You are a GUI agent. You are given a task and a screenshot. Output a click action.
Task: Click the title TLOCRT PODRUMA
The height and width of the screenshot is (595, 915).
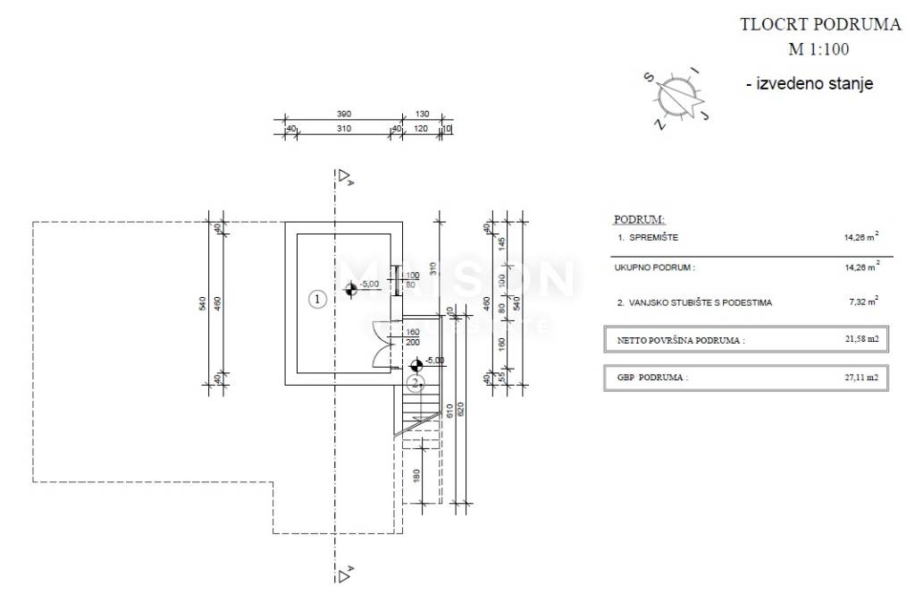click(x=820, y=25)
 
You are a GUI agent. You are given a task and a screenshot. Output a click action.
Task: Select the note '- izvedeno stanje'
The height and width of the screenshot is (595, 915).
click(x=810, y=84)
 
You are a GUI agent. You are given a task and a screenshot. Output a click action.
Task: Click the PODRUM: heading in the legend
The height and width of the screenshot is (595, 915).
click(x=639, y=219)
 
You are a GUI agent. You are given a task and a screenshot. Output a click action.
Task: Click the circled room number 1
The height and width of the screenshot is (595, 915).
click(x=315, y=300)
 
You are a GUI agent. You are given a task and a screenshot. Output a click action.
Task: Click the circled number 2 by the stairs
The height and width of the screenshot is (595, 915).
click(x=415, y=384)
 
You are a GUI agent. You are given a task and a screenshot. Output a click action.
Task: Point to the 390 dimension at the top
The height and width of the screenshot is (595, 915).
click(x=344, y=115)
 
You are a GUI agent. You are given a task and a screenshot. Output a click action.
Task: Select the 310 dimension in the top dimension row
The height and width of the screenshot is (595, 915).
click(x=344, y=129)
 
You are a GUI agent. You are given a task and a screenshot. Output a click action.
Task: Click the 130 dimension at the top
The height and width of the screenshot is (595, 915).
click(x=423, y=115)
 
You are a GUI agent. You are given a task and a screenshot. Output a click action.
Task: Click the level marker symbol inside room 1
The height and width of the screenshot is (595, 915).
click(x=351, y=288)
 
